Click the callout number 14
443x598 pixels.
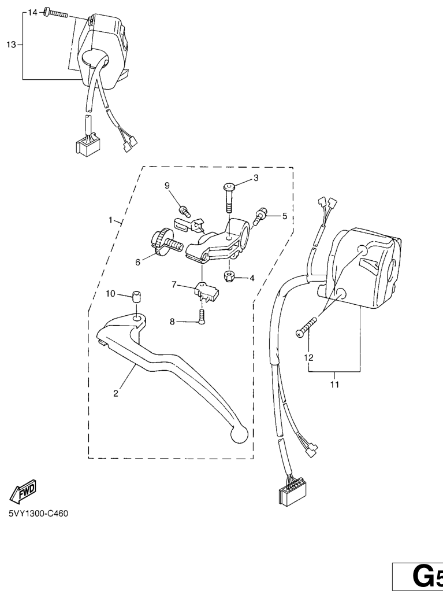pos(33,13)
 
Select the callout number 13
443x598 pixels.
pos(11,45)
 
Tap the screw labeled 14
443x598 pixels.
pos(55,13)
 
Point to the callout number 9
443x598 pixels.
pos(167,185)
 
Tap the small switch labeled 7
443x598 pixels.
pos(206,290)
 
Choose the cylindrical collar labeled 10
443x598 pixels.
pos(136,296)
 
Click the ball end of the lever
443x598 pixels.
pos(239,434)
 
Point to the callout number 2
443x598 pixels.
pos(116,393)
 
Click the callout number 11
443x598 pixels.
pos(334,385)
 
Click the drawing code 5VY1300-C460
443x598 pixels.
pos(39,514)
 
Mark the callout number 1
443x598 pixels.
pos(110,220)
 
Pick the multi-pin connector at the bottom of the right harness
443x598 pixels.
pos(291,494)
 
